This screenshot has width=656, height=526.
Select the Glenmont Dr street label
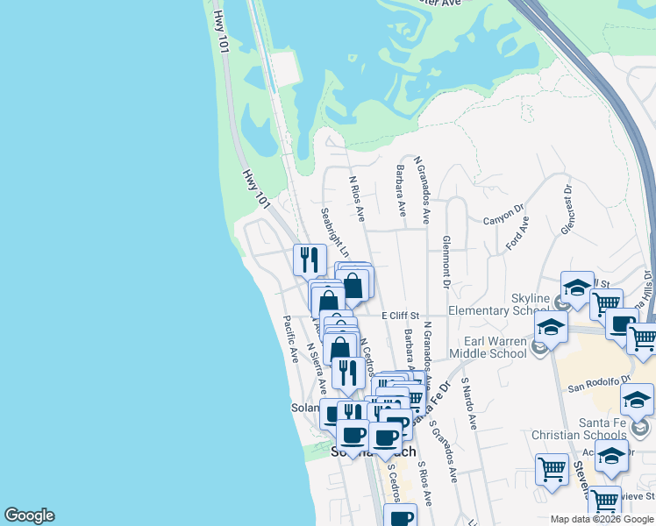point(446,262)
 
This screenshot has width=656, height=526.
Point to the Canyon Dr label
point(503,215)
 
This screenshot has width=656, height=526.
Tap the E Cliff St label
point(401,316)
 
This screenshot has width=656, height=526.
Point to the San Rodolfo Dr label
point(599,383)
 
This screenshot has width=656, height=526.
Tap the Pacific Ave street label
point(291,339)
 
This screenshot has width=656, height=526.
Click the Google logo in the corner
point(29,515)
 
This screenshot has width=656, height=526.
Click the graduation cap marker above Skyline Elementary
point(577,286)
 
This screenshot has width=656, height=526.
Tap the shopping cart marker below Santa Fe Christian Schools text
point(553,468)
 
